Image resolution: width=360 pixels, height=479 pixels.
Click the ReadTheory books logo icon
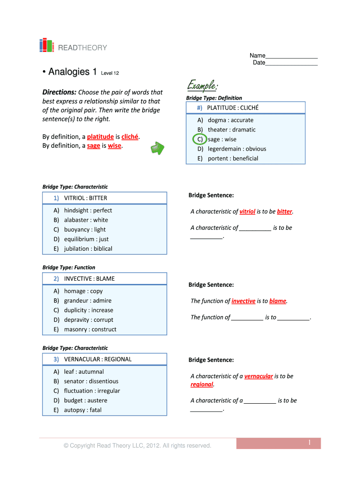pos(46,45)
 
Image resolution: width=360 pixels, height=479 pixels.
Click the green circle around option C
pos(200,139)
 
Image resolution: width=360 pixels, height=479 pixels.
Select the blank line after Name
pos(292,56)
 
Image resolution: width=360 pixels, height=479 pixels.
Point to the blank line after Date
pos(292,63)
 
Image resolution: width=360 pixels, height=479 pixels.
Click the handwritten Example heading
pos(202,85)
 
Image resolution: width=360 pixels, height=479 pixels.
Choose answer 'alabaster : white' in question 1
pos(86,220)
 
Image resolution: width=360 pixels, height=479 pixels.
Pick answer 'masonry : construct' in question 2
pos(90,329)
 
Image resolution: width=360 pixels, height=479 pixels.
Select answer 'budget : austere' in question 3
pos(86,400)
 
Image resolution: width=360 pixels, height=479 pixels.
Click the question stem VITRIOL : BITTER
pos(86,198)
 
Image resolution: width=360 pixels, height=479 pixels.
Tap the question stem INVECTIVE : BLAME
pos(89,279)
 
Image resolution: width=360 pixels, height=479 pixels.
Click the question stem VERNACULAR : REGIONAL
pos(98,359)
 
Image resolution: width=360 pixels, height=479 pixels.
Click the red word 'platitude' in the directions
pos(100,137)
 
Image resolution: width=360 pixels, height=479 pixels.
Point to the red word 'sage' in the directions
pos(94,145)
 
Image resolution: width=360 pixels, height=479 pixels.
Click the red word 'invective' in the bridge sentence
pos(244,301)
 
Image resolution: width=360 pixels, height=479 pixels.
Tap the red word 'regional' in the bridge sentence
pos(202,384)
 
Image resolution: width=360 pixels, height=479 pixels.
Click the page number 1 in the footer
pos(310,443)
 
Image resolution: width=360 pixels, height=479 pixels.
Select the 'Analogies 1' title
pos(69,72)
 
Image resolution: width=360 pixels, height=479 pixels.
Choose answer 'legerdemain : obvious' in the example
pos(237,149)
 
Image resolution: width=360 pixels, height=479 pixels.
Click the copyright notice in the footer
pos(137,445)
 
